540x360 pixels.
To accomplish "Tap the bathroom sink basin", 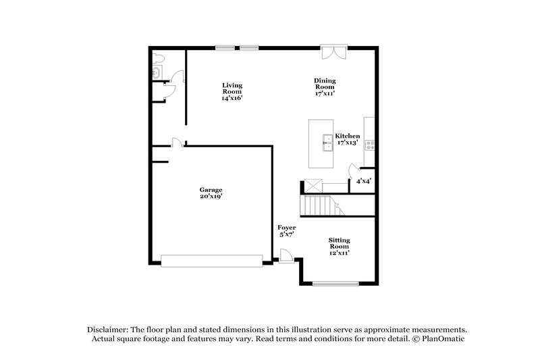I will (157, 71).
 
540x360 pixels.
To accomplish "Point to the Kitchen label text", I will (348, 136).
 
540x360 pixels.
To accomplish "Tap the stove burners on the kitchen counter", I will (370, 144).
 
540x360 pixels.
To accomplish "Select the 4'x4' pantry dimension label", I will (363, 181).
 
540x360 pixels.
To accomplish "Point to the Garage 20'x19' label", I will (211, 194).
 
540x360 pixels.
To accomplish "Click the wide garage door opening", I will (211, 260).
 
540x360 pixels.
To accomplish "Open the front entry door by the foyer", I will (286, 256).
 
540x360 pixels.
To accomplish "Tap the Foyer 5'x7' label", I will (287, 231).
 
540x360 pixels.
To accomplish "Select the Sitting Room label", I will (339, 245).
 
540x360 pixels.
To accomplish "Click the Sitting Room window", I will (334, 284).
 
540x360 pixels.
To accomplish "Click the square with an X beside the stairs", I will (313, 185).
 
